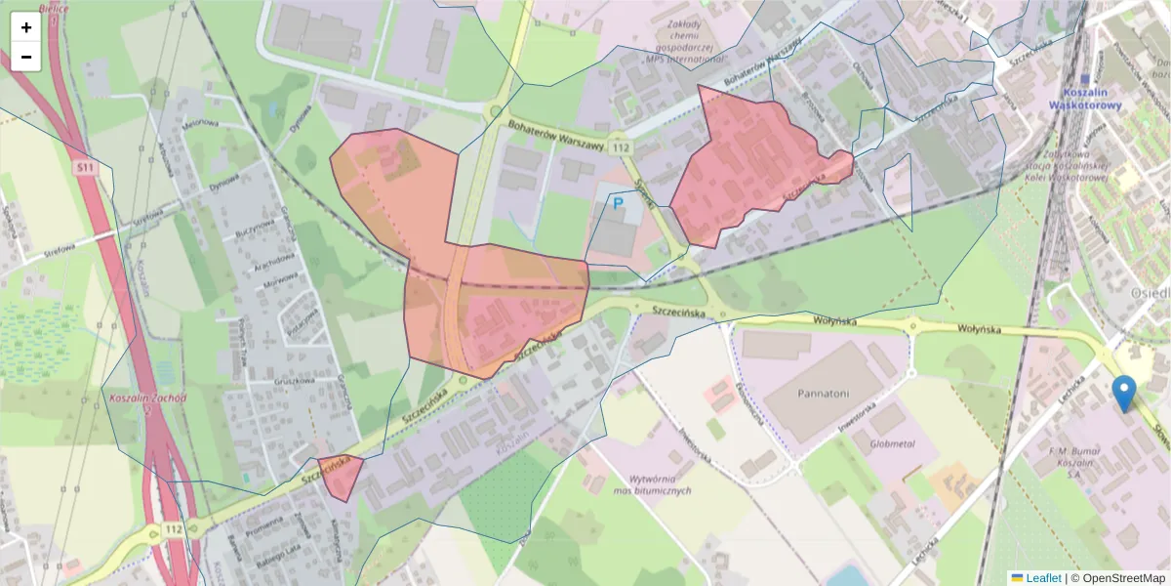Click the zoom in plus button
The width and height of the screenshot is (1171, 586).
click(x=25, y=27)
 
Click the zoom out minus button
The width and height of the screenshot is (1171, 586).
click(x=25, y=57)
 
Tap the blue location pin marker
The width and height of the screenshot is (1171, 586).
click(x=1124, y=394)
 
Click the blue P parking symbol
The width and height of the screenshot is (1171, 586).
click(x=618, y=204)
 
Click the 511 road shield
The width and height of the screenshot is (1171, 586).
click(x=86, y=168)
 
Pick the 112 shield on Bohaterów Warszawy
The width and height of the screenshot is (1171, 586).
click(x=621, y=146)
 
